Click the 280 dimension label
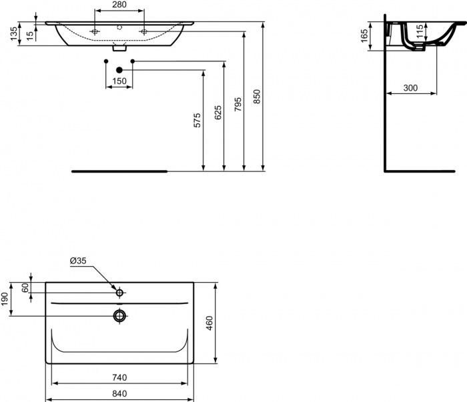[x=119, y=5]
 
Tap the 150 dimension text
[x=119, y=81]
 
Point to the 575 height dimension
[x=196, y=121]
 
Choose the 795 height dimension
[x=238, y=104]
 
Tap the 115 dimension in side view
[x=418, y=31]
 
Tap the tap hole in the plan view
[x=120, y=292]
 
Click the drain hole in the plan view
[x=120, y=315]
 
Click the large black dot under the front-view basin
[x=119, y=70]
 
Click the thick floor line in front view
[x=119, y=171]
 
